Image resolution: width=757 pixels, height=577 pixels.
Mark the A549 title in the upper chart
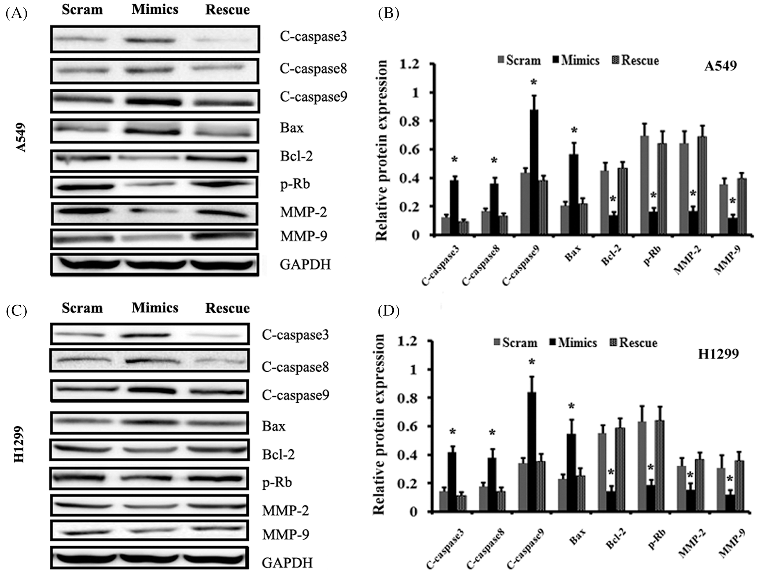(721, 66)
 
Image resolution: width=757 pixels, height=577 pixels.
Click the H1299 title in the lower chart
(718, 354)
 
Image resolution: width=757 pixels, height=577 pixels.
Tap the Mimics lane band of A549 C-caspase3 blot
(149, 40)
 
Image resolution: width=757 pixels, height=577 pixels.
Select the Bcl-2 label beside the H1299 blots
(278, 454)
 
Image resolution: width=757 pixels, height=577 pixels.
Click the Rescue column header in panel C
(227, 308)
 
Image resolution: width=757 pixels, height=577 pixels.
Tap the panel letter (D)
(388, 311)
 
